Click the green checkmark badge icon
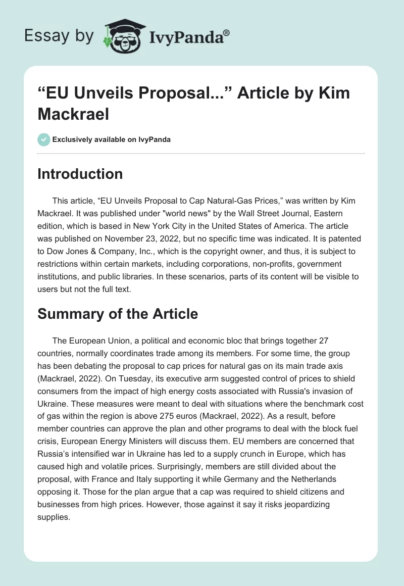[44, 139]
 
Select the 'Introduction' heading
[80, 174]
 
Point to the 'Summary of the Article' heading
[118, 314]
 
